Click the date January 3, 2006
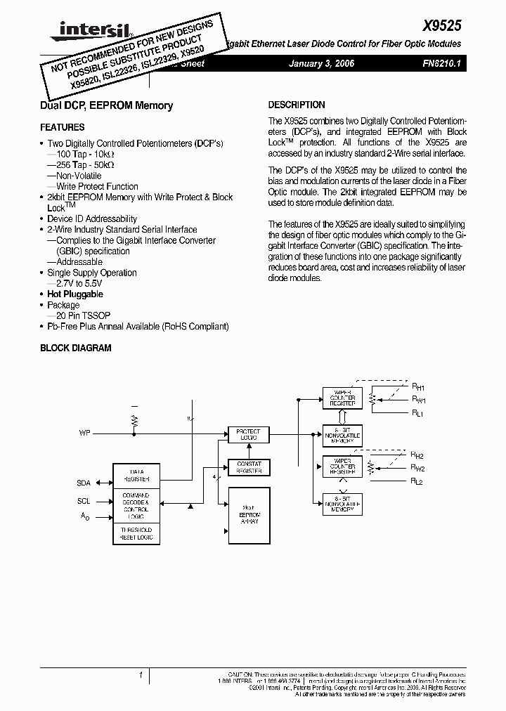(x=322, y=64)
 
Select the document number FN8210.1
(x=441, y=64)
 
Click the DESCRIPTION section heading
(x=297, y=105)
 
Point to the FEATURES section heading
(x=63, y=127)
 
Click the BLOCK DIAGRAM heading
(x=76, y=348)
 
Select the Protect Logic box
(x=248, y=435)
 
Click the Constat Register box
(x=248, y=467)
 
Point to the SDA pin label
(x=84, y=483)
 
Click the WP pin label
(x=85, y=433)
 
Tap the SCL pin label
(x=84, y=502)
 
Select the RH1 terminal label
(x=417, y=386)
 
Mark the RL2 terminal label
(x=417, y=481)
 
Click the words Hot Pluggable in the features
(x=75, y=294)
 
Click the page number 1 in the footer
(x=141, y=676)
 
